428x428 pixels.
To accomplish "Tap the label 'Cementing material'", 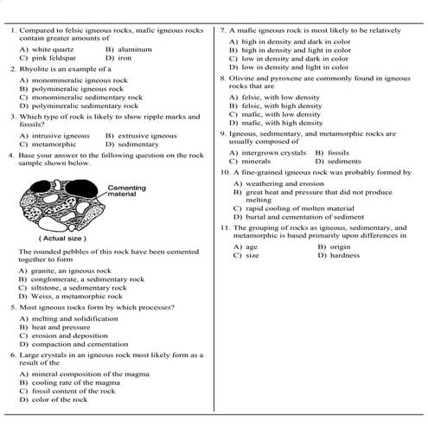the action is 126,191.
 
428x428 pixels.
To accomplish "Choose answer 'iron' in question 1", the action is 125,58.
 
